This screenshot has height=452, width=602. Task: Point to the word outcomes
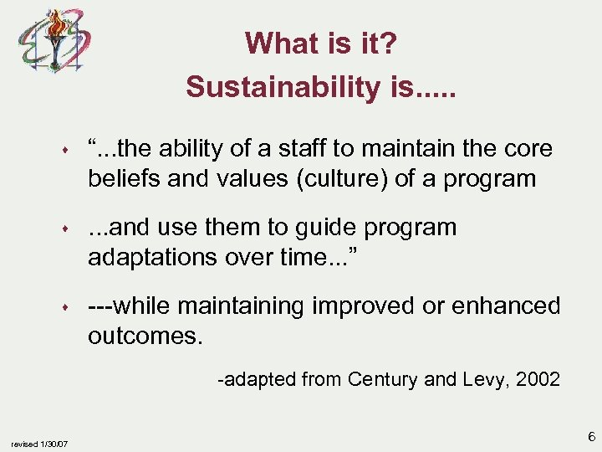[x=145, y=336]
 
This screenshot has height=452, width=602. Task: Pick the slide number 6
[x=589, y=437]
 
